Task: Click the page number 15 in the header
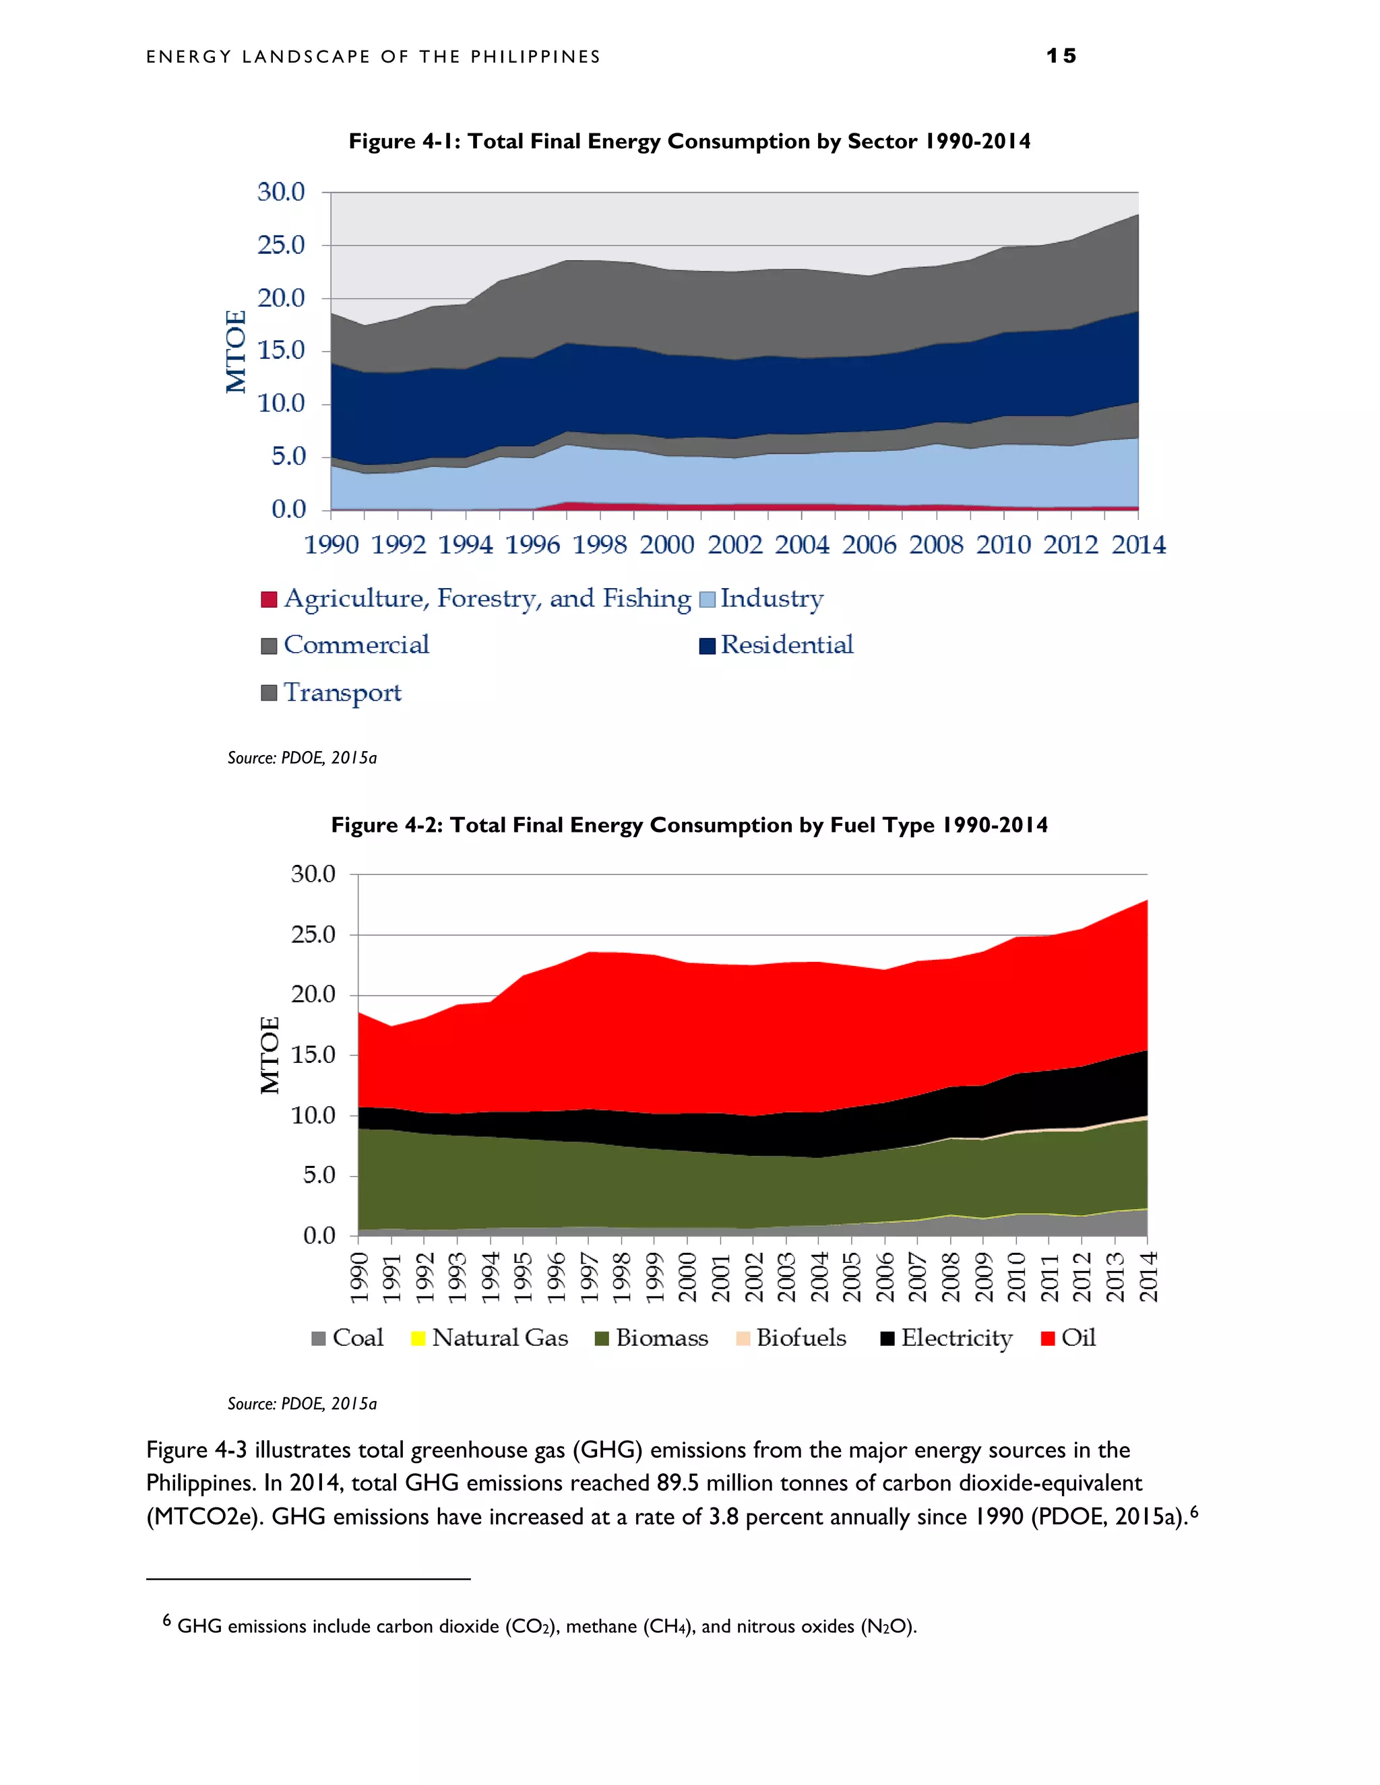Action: (x=1061, y=56)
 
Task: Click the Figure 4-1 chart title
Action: (x=689, y=141)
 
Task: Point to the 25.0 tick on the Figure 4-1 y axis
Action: (x=280, y=245)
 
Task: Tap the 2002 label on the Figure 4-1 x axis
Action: (x=734, y=544)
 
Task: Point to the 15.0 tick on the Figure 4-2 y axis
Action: (x=313, y=1055)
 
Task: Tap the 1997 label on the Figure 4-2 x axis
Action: (x=589, y=1276)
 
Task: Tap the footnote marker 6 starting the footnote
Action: (x=167, y=1619)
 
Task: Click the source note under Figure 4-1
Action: (x=302, y=758)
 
